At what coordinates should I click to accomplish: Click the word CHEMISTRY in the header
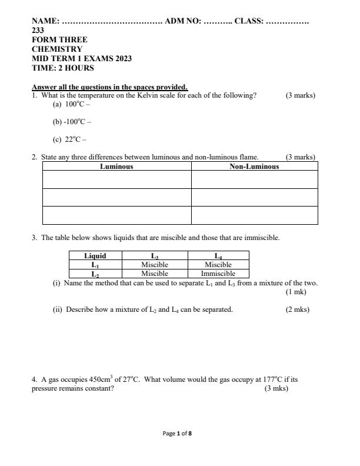click(57, 49)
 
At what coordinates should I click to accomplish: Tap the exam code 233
click(38, 31)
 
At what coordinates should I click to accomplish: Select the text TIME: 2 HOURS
click(62, 68)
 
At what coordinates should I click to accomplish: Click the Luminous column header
click(116, 167)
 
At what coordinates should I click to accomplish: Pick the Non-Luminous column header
click(254, 167)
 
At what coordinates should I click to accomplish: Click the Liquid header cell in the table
click(95, 256)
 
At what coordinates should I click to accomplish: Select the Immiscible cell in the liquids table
click(218, 274)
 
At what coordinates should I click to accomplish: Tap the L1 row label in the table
click(95, 265)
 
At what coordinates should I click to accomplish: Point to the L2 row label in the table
click(95, 274)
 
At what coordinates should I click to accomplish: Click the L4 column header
click(218, 256)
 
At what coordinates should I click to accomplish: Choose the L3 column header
click(155, 256)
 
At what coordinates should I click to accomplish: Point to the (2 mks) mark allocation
click(298, 309)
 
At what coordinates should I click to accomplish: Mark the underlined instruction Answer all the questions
click(109, 87)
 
